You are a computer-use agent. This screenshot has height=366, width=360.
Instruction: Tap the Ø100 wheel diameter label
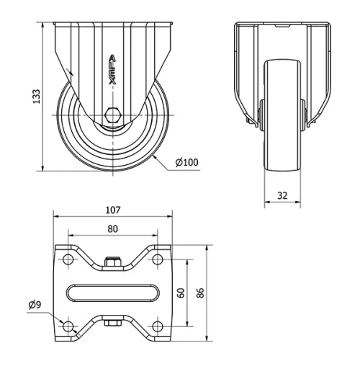click(x=186, y=162)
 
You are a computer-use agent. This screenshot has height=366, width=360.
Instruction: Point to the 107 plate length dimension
click(x=112, y=210)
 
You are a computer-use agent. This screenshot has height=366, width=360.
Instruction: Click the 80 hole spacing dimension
click(x=112, y=229)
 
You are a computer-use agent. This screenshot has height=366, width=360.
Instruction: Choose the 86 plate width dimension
click(x=201, y=293)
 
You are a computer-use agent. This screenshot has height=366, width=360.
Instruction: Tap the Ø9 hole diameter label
click(x=35, y=305)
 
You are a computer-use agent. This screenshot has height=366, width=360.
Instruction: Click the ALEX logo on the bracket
click(x=112, y=70)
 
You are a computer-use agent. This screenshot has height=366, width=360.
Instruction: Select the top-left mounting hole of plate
click(x=69, y=258)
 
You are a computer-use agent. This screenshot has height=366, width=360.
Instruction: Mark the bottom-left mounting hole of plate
click(x=69, y=326)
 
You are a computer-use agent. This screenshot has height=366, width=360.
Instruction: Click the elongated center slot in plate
click(x=112, y=292)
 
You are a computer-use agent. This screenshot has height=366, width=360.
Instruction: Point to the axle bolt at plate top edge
click(x=112, y=262)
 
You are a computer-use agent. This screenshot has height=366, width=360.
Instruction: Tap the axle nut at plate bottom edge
click(x=112, y=323)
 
